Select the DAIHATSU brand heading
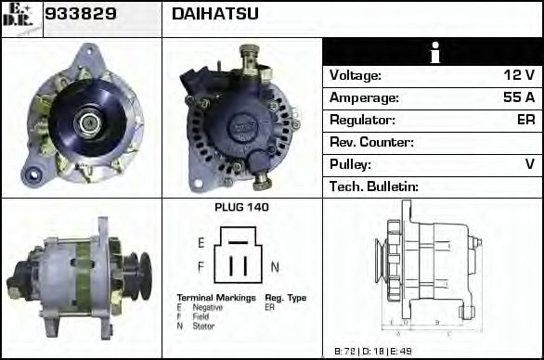[x=215, y=15]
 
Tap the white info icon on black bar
[x=433, y=53]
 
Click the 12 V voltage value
[x=518, y=75]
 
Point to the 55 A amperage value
[x=518, y=97]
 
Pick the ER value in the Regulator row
[x=525, y=120]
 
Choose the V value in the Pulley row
[x=529, y=164]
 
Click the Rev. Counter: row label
[x=371, y=142]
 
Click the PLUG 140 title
[x=241, y=208]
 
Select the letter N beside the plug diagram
[x=275, y=267]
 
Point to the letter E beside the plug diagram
[x=201, y=242]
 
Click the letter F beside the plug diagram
[x=201, y=267]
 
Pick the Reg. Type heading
[x=286, y=298]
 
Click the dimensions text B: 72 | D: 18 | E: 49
[x=373, y=352]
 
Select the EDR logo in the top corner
[x=20, y=18]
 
